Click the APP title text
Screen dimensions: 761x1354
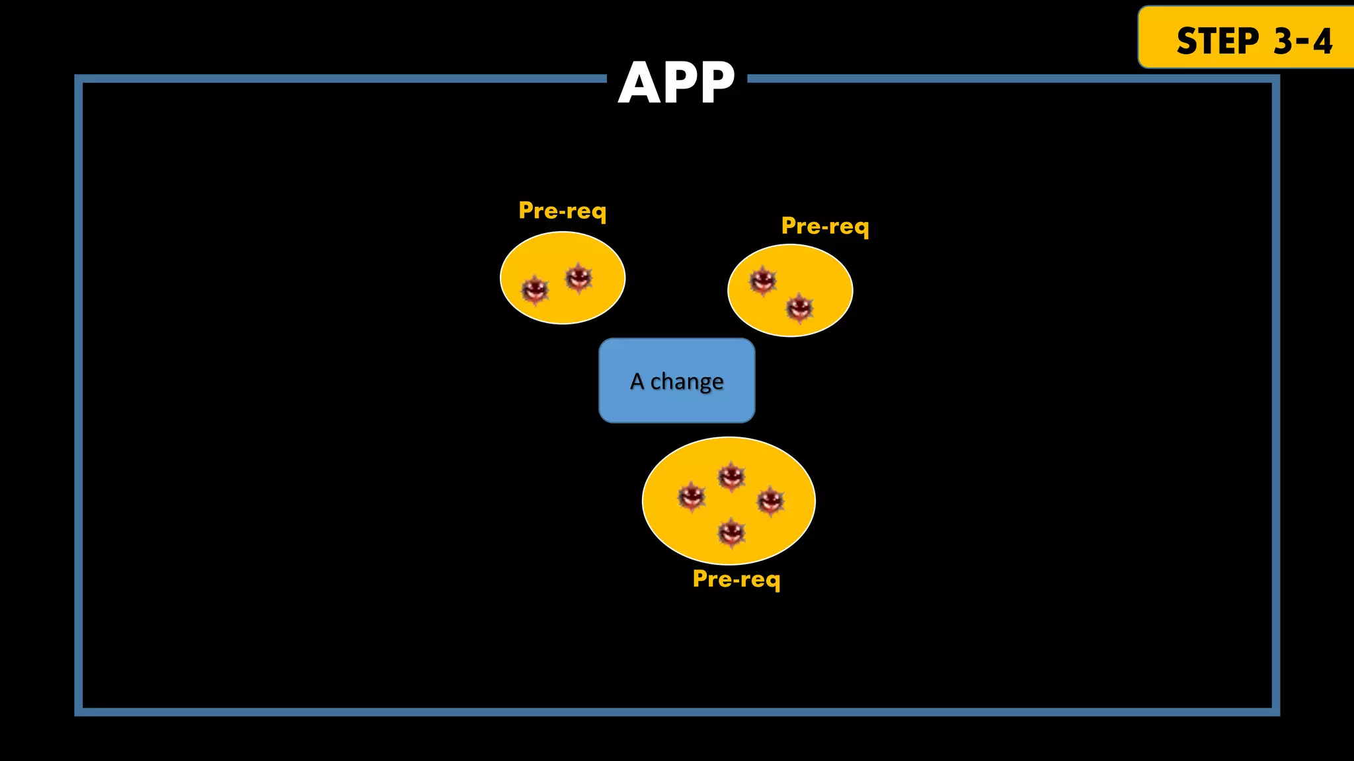coord(676,83)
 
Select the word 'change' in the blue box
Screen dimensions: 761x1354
coord(687,382)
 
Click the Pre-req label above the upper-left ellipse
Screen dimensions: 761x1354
coord(562,211)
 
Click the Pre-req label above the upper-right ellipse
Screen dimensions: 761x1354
coord(825,226)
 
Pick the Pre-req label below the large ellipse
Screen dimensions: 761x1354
coord(737,579)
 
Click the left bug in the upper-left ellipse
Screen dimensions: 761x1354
coord(535,289)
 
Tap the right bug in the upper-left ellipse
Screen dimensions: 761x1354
coord(578,277)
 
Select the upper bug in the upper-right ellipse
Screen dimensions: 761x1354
coord(762,281)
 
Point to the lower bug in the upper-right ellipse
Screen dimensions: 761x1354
coord(799,307)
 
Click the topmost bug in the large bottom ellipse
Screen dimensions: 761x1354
coord(731,476)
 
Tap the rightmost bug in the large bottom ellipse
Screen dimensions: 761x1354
coord(770,501)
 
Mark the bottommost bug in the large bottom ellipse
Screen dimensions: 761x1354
coord(731,532)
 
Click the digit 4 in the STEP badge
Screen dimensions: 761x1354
coord(1322,41)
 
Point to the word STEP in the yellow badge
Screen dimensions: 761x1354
coord(1218,41)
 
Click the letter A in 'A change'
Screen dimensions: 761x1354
coord(637,381)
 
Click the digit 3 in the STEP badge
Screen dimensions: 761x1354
coord(1284,41)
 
